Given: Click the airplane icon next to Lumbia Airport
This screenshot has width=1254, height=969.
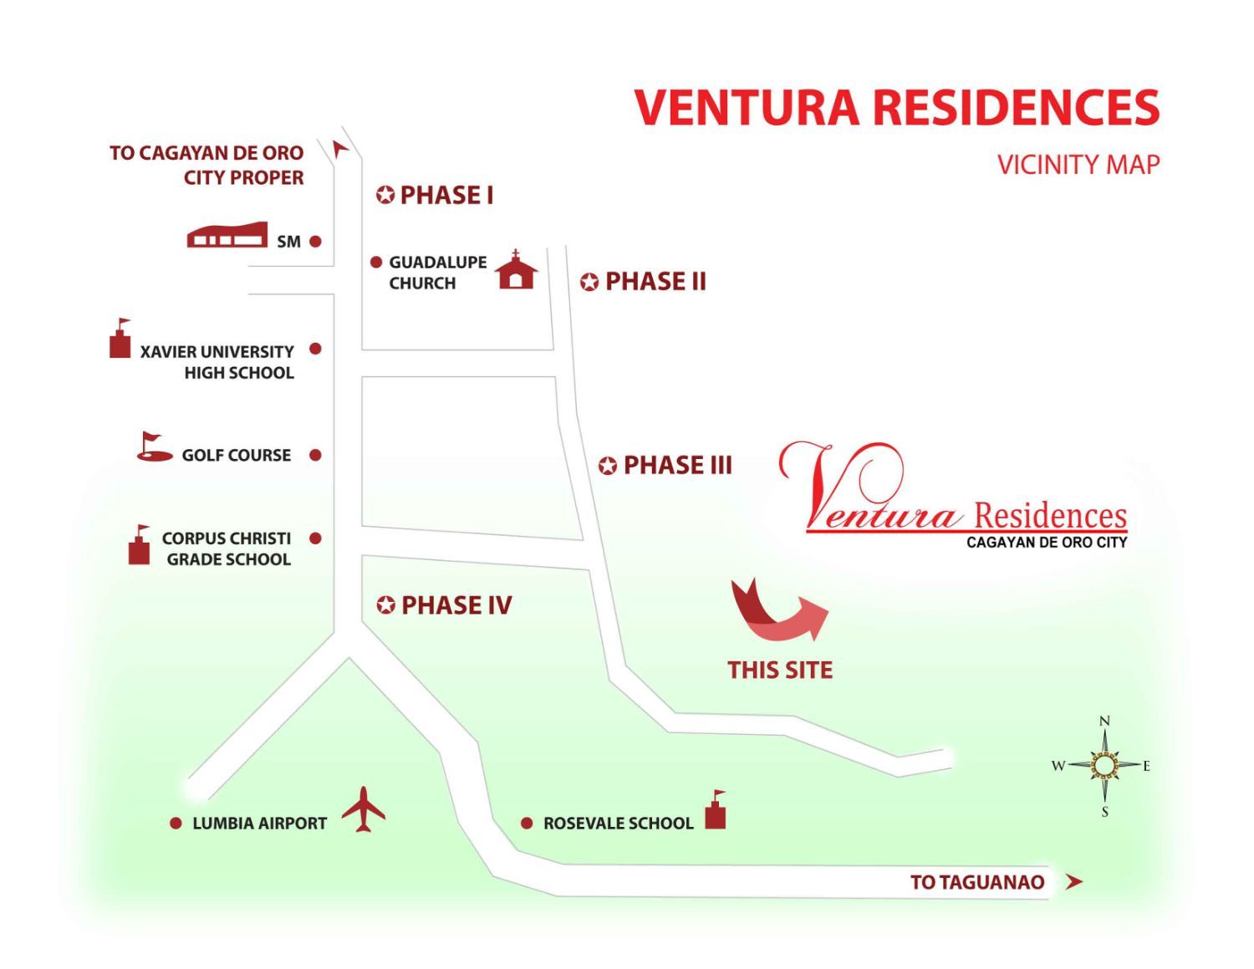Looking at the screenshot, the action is [x=363, y=809].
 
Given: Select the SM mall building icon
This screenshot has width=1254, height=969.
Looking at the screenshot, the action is [x=227, y=235].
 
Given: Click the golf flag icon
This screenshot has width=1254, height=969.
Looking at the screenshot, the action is [x=154, y=446].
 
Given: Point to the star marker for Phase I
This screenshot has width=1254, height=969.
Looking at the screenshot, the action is [x=385, y=195].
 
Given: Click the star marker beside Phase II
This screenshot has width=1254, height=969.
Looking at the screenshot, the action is [x=589, y=283].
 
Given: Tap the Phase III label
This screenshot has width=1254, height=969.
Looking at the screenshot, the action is [x=677, y=465].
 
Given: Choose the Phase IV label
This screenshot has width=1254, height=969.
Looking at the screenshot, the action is [x=456, y=605].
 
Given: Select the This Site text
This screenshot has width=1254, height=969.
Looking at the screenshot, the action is [x=780, y=671].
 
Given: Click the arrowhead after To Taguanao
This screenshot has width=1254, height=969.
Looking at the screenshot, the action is [x=1074, y=882].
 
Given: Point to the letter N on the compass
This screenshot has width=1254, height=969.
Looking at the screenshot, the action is [x=1104, y=721].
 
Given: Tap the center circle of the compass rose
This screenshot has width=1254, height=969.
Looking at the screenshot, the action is [x=1104, y=766].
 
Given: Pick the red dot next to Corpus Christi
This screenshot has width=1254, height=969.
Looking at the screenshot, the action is [x=315, y=538].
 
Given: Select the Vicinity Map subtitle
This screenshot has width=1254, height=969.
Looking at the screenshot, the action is [x=1078, y=165].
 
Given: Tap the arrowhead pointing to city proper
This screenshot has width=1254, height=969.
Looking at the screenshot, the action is [x=340, y=149].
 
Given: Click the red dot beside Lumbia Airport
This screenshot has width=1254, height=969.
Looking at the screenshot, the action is [x=176, y=824].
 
